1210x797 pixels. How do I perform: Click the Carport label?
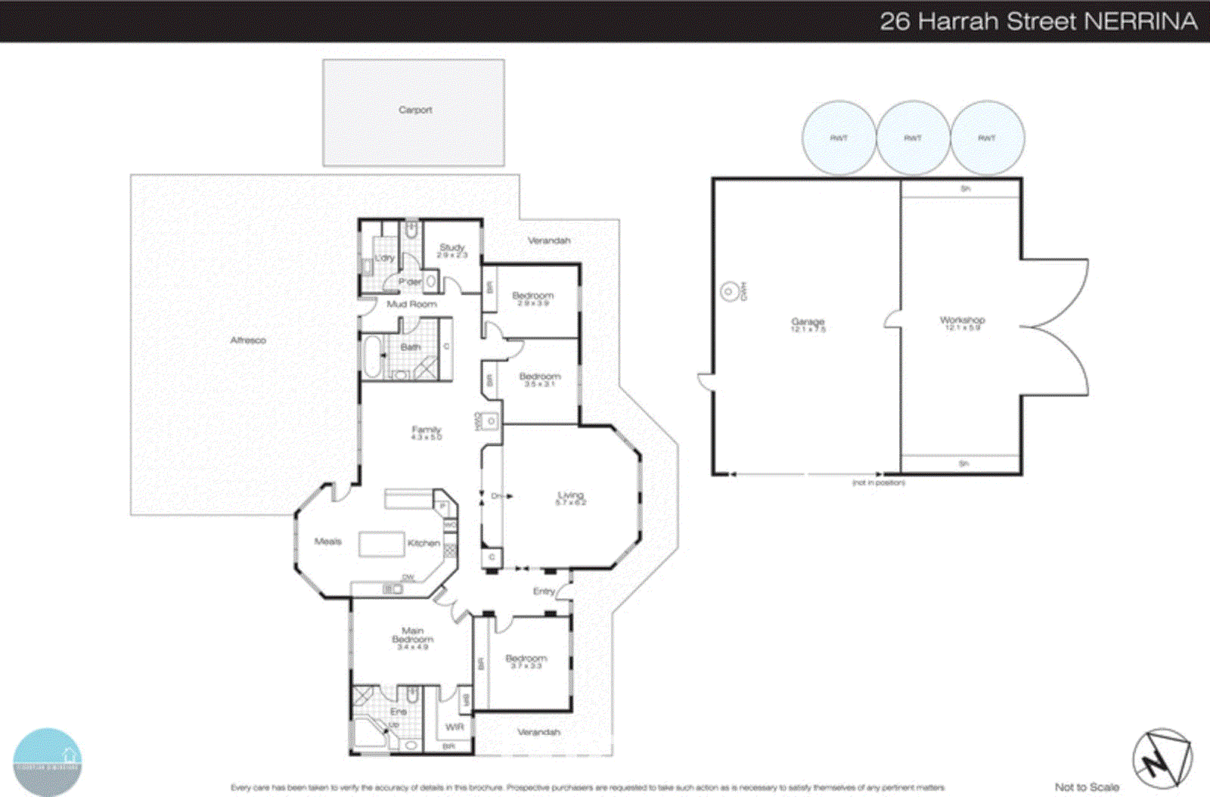(x=415, y=110)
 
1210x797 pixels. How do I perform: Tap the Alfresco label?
(x=248, y=340)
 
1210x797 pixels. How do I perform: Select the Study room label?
(x=452, y=248)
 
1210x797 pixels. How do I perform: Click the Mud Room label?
(x=411, y=304)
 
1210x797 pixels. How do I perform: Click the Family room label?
(x=426, y=430)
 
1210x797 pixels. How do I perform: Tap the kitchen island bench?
(x=381, y=544)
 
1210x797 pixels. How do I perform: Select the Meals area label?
(x=327, y=541)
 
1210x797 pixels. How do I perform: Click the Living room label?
(x=571, y=496)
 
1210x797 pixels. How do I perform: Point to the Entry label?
(x=544, y=591)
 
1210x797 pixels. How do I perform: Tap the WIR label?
(x=455, y=727)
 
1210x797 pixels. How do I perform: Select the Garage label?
(x=808, y=322)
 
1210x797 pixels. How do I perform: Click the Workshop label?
(x=962, y=321)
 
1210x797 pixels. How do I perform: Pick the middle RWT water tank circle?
(x=913, y=138)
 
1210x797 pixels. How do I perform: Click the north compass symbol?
(x=1162, y=759)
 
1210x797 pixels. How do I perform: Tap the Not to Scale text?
(x=1087, y=787)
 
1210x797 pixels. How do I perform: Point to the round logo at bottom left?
(x=48, y=761)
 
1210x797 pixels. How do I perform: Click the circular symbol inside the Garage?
(x=728, y=291)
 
